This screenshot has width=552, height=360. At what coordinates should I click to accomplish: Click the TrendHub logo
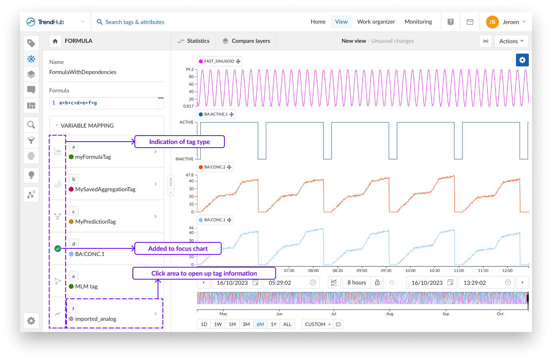click(45, 22)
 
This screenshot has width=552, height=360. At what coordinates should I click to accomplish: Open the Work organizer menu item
click(376, 22)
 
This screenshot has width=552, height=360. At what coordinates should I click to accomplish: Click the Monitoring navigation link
click(418, 22)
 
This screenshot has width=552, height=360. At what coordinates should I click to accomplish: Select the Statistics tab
click(194, 41)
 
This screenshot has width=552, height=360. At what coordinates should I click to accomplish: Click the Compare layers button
click(246, 41)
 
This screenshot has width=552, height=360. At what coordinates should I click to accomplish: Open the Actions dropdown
click(511, 41)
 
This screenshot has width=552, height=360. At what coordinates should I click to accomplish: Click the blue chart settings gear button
click(522, 60)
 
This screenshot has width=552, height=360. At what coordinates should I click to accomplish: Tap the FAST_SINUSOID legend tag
click(219, 61)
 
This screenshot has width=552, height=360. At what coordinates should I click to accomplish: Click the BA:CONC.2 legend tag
click(215, 167)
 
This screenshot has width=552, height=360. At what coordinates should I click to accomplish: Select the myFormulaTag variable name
click(93, 157)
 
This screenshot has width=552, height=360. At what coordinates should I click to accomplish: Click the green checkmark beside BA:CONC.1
click(58, 248)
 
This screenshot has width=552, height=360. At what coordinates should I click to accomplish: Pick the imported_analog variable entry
click(96, 319)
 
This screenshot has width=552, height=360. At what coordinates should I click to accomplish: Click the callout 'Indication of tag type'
click(179, 142)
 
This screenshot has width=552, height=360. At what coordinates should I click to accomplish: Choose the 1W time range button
click(218, 324)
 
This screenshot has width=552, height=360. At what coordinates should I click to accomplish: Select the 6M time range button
click(260, 324)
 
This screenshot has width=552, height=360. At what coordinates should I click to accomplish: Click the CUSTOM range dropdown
click(318, 324)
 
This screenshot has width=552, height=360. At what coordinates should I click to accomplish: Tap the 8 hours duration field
click(356, 282)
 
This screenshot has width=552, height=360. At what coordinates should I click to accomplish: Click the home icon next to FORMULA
click(55, 41)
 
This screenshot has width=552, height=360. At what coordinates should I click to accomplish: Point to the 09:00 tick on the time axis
click(362, 270)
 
